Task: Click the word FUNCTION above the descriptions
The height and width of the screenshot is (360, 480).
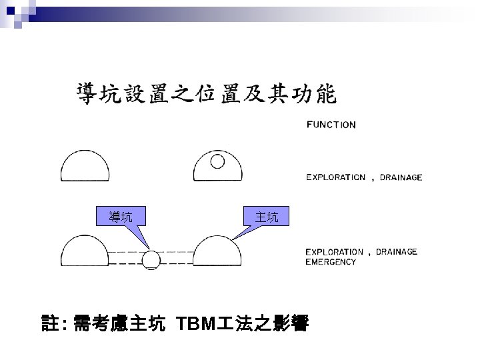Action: click(331, 125)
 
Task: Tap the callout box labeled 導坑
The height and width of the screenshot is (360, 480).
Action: click(121, 216)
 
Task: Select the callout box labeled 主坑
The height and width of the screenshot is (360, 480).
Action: click(267, 216)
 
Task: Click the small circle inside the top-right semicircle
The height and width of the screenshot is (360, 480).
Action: click(218, 161)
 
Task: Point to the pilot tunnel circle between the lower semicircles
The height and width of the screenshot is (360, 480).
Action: click(153, 259)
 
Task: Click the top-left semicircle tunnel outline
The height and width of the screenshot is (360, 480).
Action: click(85, 165)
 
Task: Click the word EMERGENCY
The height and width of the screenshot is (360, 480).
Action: click(331, 262)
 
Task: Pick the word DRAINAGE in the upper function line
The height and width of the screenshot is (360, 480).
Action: click(401, 177)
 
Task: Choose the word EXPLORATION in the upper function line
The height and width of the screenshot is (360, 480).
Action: click(335, 177)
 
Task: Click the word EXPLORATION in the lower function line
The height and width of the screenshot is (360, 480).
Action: click(334, 252)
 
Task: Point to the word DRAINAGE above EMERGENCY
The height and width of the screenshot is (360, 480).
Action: click(397, 252)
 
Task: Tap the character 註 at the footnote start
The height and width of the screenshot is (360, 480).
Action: click(49, 325)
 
